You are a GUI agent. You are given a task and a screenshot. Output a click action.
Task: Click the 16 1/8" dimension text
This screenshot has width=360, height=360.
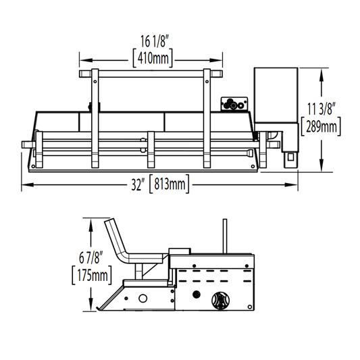coord(155,41)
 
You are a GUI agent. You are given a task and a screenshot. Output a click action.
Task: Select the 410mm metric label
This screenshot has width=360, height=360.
coord(153,58)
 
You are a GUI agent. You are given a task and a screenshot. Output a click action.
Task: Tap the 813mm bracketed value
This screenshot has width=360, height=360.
coord(170,184)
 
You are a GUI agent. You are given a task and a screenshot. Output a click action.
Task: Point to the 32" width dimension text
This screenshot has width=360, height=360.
coord(136,184)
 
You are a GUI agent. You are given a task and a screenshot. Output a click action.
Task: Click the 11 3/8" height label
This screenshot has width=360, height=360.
coord(322,109)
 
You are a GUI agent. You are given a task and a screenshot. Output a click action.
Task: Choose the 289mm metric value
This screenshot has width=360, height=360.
coord(322,126)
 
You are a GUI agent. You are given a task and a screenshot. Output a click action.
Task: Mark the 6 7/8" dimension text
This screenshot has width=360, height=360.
coord(89,257)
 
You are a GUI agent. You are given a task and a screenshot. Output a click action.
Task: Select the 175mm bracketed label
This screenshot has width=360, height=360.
coord(92,275)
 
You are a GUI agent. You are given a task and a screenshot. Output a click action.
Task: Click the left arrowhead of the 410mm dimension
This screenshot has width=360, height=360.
coord(86,60)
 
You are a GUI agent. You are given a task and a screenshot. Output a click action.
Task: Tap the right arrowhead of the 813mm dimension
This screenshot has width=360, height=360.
coord(292,184)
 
